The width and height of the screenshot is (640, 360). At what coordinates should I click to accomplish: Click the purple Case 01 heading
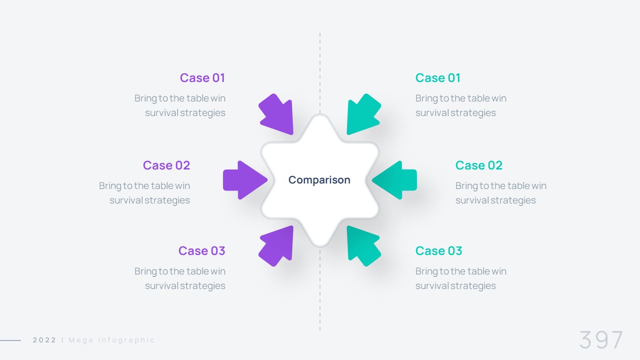202,78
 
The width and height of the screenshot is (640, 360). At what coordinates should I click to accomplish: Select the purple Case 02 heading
166,165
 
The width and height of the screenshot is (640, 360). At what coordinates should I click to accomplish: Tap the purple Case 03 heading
202,251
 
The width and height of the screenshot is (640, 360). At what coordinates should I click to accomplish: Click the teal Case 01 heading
438,78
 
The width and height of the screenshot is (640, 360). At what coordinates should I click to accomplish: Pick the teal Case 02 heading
479,165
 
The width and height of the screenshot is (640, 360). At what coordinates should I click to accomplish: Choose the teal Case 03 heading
439,251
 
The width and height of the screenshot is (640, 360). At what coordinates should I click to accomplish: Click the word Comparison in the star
319,180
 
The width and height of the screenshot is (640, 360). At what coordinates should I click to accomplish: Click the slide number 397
601,340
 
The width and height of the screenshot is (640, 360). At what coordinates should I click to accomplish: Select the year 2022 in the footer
44,340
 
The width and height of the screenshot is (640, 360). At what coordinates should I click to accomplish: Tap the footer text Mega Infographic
111,340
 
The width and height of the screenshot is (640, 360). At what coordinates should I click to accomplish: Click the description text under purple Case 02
144,193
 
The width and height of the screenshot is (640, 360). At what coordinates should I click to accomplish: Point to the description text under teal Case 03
461,278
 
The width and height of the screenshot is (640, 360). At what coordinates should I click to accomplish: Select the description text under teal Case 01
461,105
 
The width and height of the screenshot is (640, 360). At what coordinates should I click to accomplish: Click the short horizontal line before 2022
10,340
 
